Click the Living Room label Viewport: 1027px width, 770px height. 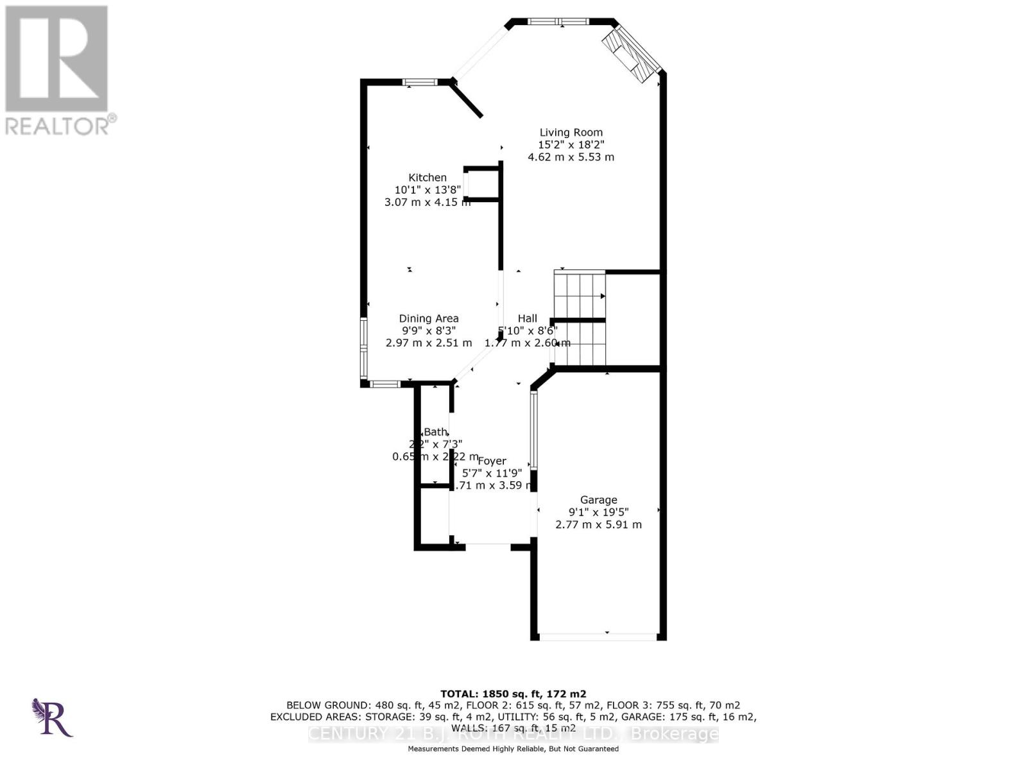(571, 133)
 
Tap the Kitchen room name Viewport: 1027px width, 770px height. (427, 178)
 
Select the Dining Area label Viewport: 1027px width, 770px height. (429, 318)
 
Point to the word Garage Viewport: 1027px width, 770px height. (598, 500)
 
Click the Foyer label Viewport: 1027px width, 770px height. (492, 461)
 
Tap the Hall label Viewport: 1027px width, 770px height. (527, 318)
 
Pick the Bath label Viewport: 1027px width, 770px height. (435, 432)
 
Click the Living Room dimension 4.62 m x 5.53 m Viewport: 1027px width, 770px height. (571, 157)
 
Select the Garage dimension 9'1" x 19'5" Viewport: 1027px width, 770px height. (598, 512)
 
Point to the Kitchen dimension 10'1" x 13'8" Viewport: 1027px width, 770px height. (427, 190)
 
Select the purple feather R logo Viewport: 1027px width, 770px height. (51, 717)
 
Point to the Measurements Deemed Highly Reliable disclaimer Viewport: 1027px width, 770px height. (513, 749)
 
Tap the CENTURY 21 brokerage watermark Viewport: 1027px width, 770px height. (513, 734)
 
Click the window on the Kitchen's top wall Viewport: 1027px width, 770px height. (420, 82)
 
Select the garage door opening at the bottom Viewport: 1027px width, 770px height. (598, 637)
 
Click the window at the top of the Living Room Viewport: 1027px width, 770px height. (557, 22)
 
